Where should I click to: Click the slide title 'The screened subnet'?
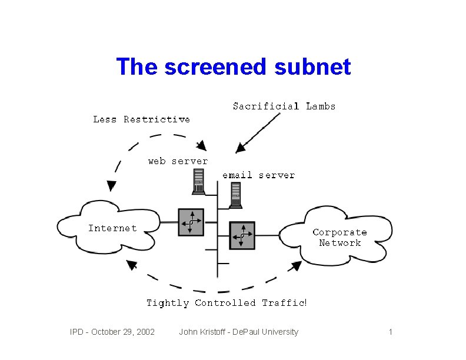coord(233,67)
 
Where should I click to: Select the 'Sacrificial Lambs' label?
coord(284,106)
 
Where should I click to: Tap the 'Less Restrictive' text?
coord(141,119)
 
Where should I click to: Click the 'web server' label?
coord(178,161)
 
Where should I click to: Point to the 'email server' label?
coord(258,175)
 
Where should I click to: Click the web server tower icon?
coord(198,181)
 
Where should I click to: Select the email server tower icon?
coord(235,195)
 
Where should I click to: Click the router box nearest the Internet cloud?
coord(191,222)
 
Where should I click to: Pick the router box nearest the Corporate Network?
coord(241,235)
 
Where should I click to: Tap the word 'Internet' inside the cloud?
coord(112,228)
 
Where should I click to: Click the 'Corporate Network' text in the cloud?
coord(339,238)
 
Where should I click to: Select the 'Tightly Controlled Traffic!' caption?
coord(227,303)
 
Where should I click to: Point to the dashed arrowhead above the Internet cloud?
coord(111,185)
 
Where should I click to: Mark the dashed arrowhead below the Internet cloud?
coord(132,265)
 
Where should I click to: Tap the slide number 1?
coord(390,332)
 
